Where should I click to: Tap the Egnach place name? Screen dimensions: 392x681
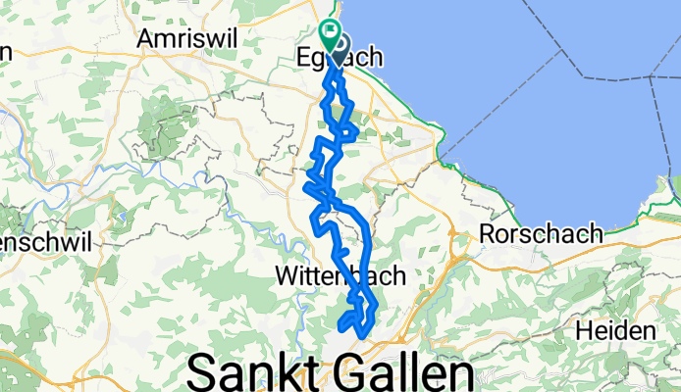[x=339, y=60]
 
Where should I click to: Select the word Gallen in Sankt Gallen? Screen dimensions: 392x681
[x=410, y=373]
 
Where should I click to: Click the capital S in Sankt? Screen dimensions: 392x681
[x=202, y=373]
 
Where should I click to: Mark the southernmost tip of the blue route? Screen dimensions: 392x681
[x=362, y=337]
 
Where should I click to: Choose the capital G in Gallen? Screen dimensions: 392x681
[x=358, y=373]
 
